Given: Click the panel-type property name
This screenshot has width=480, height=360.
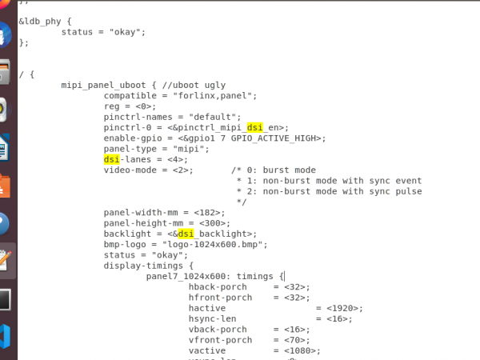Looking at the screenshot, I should coord(132,149).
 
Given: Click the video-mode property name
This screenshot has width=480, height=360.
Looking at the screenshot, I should coord(132,170).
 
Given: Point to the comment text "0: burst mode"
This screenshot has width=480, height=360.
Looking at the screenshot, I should coord(278,170).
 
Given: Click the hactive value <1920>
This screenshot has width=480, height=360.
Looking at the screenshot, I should coord(339,308).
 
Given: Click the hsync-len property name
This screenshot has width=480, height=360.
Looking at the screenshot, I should coord(212,318).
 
